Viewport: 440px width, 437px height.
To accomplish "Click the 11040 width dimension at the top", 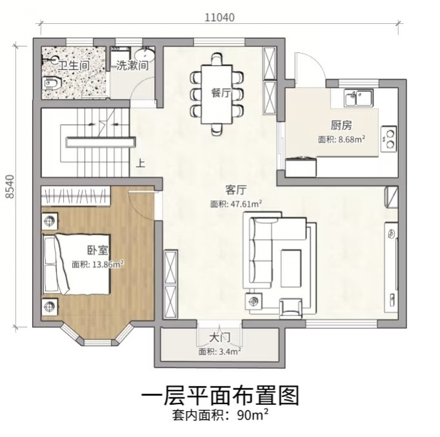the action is click(219, 17).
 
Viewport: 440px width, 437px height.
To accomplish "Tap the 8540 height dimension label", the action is click(10, 186).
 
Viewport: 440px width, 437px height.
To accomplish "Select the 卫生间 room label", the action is click(74, 66).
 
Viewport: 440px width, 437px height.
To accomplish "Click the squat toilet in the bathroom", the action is click(52, 83).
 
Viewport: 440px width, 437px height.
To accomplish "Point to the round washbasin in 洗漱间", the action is click(145, 55).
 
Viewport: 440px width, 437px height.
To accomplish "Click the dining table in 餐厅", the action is click(217, 94).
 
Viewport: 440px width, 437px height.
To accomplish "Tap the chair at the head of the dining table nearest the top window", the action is click(217, 59).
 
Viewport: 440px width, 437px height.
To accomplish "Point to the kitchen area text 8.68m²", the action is click(352, 139).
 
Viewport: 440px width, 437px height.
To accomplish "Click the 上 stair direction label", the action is click(140, 163).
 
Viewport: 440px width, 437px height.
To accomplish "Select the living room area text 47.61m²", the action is click(246, 203).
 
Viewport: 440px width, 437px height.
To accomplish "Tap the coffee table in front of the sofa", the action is click(291, 267).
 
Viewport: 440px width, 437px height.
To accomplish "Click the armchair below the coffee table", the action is click(291, 309).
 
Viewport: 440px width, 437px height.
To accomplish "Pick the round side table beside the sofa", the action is click(254, 302).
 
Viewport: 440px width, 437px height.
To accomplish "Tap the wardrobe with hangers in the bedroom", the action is click(75, 195).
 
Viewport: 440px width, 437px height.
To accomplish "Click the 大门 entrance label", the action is click(220, 337).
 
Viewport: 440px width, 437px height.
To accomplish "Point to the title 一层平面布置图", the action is click(220, 395).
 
